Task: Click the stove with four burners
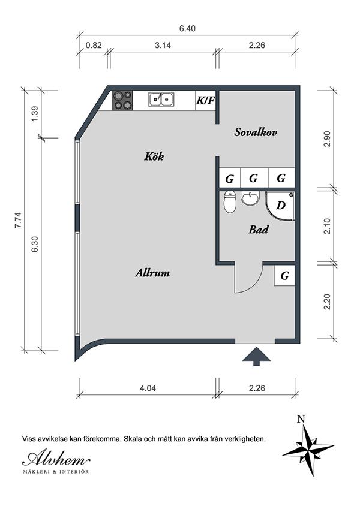point(123,100)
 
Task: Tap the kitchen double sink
point(161,100)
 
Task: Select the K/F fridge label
point(205,100)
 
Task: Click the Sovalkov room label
point(256,132)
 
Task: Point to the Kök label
point(154,156)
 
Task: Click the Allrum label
point(152,273)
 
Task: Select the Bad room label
point(258,230)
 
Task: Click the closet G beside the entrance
point(285,276)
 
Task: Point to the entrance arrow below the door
point(256,356)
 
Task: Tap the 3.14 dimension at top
point(163,44)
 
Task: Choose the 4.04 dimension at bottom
point(148,388)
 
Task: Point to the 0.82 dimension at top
point(94,44)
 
